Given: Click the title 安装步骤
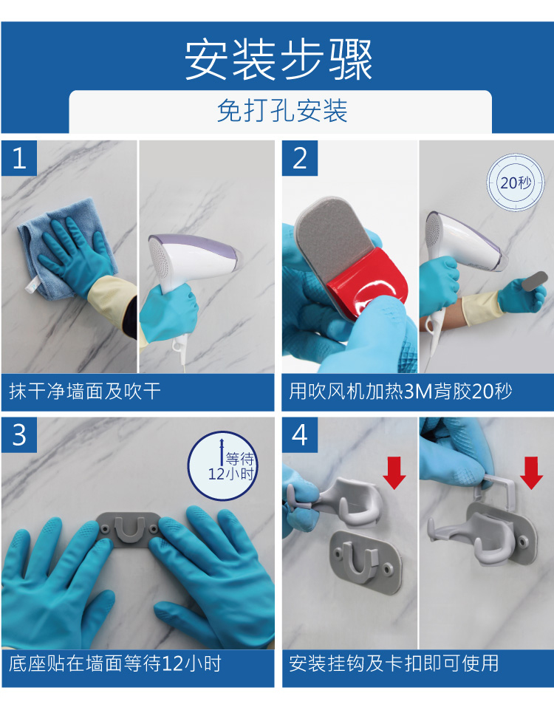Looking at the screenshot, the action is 278,60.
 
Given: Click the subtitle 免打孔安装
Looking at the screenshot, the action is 282,111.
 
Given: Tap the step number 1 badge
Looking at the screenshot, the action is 19,158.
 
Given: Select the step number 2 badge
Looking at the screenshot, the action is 299,158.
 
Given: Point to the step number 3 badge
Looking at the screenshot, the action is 19,435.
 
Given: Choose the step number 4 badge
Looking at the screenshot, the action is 299,435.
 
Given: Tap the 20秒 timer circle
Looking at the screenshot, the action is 516,182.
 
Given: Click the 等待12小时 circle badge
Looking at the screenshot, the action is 222,466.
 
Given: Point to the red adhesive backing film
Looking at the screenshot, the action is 369,283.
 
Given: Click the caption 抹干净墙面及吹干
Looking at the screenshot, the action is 85,392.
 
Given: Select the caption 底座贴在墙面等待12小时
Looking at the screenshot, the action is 115,663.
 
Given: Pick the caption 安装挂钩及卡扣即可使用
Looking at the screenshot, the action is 394,663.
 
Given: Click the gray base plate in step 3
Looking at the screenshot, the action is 129,528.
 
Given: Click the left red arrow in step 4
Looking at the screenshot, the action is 394,473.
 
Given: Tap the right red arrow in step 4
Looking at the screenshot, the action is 531,473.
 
